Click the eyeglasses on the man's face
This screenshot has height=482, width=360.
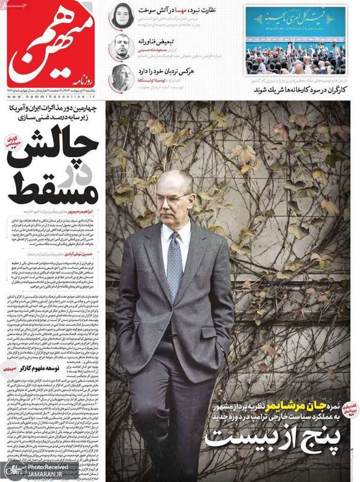173,197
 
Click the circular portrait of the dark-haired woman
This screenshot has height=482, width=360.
123,15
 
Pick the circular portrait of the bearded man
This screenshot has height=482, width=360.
123,47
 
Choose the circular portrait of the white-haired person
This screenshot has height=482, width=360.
123,77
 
